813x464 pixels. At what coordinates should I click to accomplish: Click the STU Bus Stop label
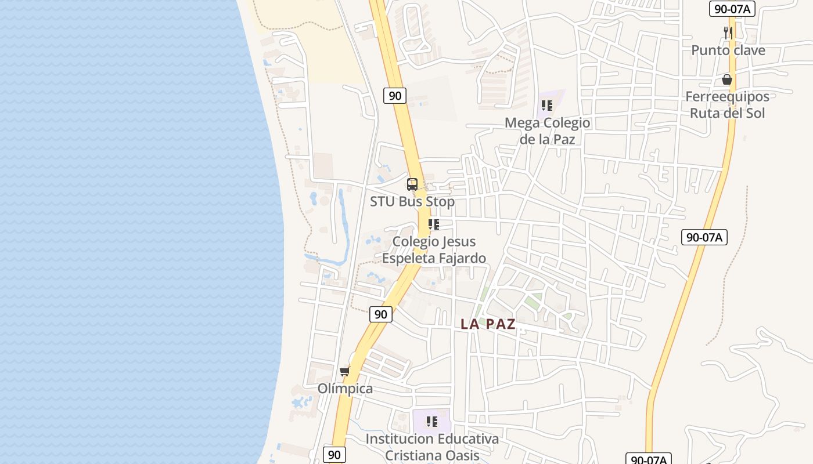(x=412, y=202)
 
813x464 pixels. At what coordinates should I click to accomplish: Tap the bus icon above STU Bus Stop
(x=412, y=184)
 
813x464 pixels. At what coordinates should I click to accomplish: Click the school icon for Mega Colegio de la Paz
(x=546, y=106)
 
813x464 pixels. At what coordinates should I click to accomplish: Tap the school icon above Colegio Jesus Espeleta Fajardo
(x=433, y=224)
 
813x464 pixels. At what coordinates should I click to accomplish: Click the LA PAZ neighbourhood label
(x=488, y=324)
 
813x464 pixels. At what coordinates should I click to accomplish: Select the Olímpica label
(x=345, y=389)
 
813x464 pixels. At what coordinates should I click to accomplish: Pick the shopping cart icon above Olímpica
(x=345, y=371)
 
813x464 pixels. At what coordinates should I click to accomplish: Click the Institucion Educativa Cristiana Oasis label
(x=431, y=447)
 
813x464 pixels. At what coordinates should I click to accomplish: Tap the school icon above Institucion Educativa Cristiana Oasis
(x=431, y=421)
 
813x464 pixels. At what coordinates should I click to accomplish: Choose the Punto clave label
(x=728, y=50)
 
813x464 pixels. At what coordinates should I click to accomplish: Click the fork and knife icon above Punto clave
(x=728, y=32)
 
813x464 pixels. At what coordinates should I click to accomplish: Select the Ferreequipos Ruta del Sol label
(x=727, y=104)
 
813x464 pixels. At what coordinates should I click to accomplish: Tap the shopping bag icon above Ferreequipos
(x=727, y=79)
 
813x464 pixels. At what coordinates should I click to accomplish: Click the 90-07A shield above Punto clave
(x=732, y=9)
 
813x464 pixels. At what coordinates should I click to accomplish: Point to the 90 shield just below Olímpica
(x=334, y=455)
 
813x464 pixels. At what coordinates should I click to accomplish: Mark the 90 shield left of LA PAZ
(x=381, y=314)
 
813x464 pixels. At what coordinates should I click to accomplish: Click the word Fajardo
(x=459, y=258)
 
